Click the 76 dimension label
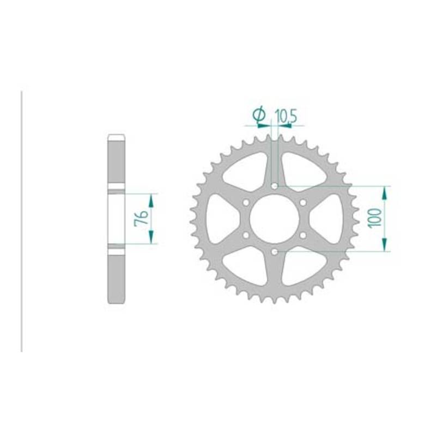pos(142,219)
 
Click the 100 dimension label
pos(375,218)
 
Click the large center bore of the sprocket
pos(275,219)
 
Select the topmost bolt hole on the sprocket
pos(275,186)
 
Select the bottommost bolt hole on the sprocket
pos(275,252)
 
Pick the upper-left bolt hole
pos(246,202)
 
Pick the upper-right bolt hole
pos(303,202)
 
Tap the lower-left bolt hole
pos(246,235)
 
